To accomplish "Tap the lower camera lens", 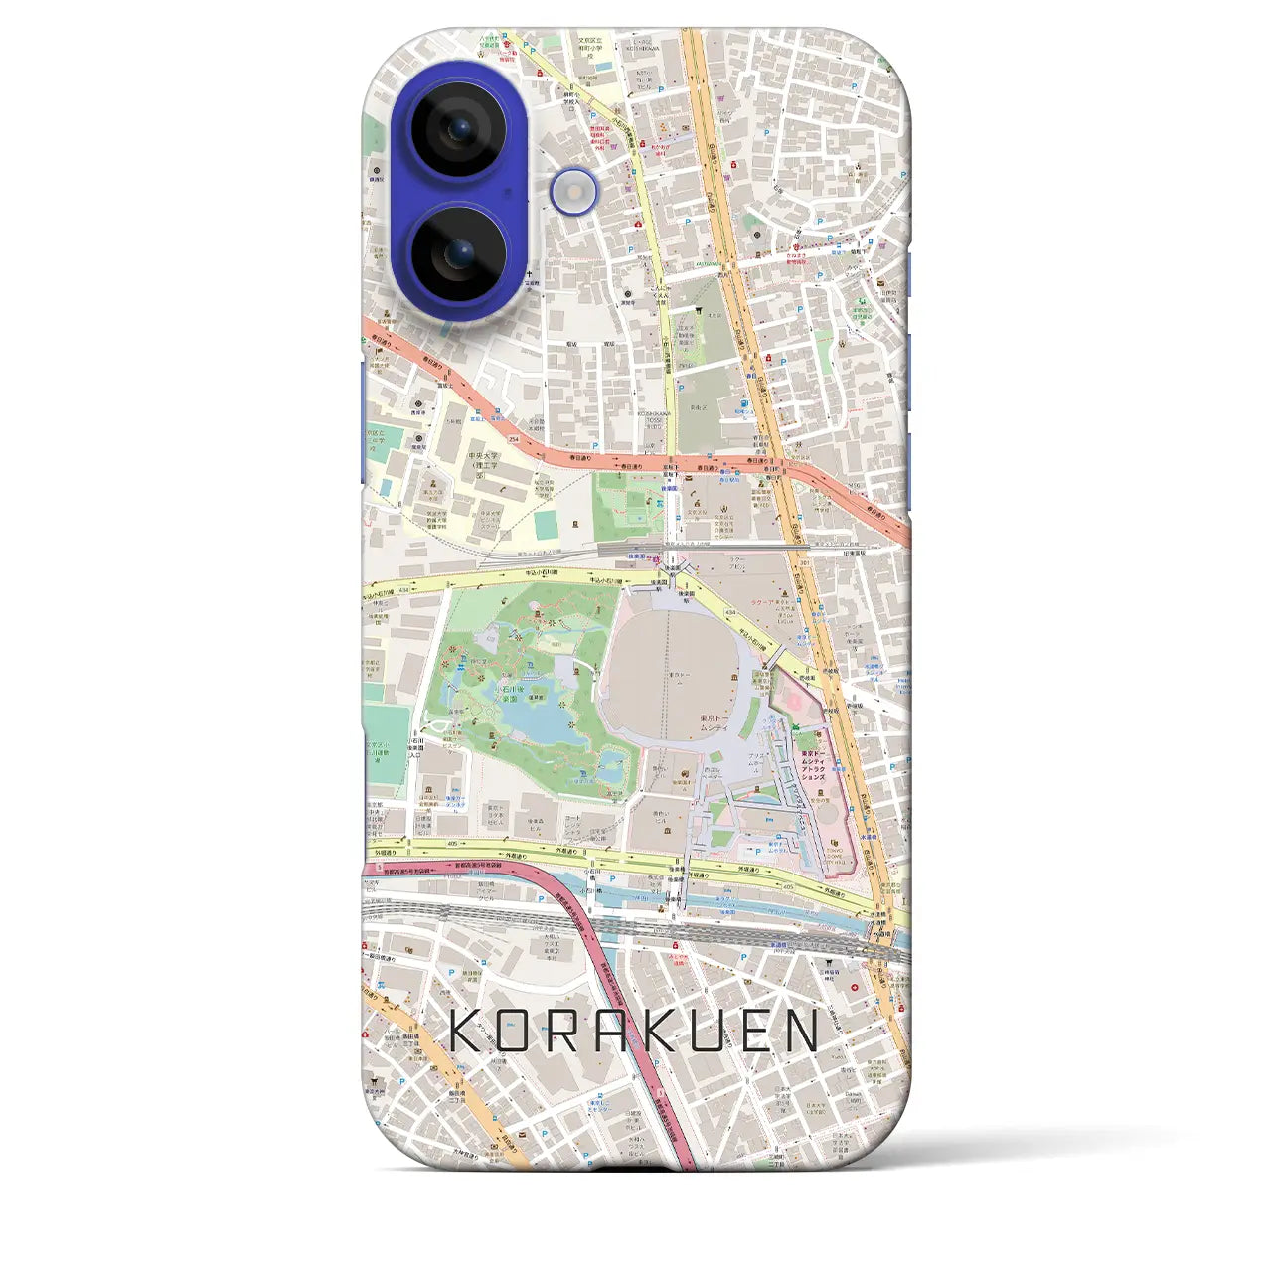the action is click(x=458, y=254).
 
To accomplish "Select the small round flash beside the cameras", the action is click(x=575, y=189).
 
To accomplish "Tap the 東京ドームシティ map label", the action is click(x=716, y=722).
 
